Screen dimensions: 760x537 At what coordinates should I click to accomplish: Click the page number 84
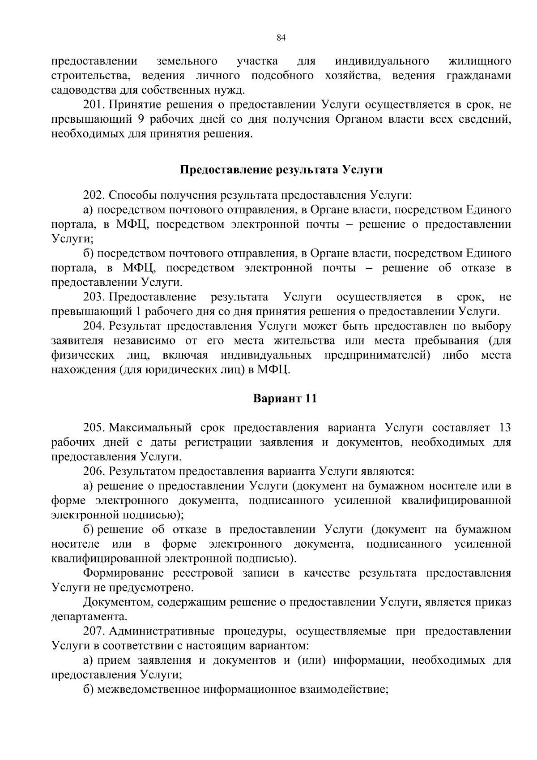(281, 38)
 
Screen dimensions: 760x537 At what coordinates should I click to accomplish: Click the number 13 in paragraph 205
(504, 427)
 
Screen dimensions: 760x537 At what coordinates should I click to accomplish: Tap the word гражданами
(479, 76)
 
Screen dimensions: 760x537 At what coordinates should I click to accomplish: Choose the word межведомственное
(148, 689)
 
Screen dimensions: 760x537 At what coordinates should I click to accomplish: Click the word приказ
(494, 602)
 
